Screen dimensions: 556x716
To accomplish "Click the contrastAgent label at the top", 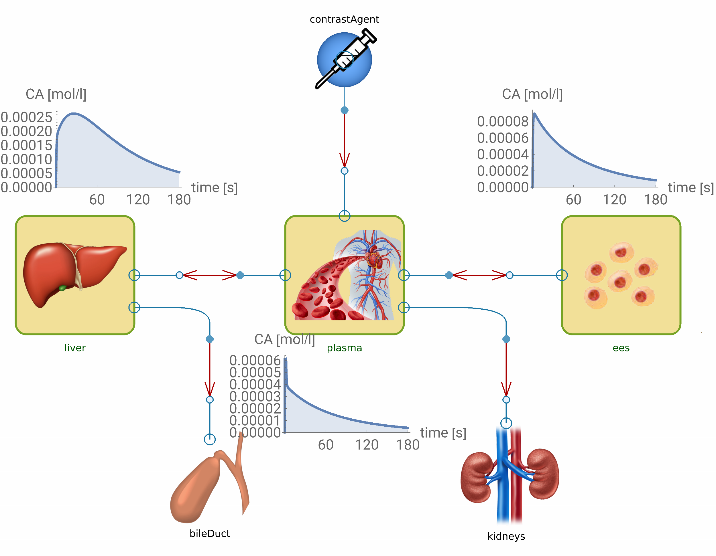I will [344, 19].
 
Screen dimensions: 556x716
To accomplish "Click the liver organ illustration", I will [74, 272].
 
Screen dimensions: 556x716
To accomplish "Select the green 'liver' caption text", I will [75, 348].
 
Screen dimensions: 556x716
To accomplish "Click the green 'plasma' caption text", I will [344, 348].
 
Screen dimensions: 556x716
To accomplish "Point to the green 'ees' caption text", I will [621, 348].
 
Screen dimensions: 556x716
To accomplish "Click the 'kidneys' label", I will [506, 536].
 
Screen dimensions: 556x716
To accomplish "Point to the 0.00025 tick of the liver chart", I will [27, 117].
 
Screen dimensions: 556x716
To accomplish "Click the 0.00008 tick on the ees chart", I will [503, 121].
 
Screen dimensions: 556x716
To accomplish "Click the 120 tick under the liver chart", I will [138, 199].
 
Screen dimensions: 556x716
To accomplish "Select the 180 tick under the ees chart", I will [656, 199].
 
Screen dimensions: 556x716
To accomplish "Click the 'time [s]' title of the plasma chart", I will [443, 433].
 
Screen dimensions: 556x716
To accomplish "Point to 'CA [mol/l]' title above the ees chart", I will [532, 94].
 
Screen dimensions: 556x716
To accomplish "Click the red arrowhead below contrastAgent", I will [344, 161].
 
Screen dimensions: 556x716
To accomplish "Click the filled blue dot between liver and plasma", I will [240, 275].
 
